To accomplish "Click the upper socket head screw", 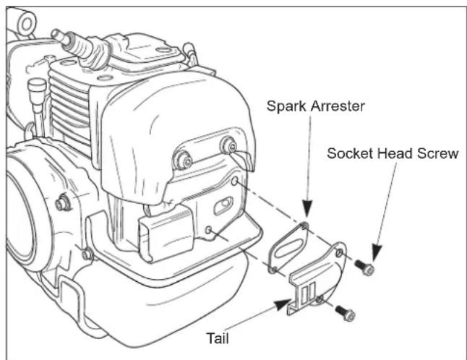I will click(x=367, y=270).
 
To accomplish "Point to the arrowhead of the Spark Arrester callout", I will click(x=307, y=218).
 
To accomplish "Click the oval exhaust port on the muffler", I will click(x=223, y=207).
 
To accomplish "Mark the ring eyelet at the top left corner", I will click(x=25, y=23).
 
